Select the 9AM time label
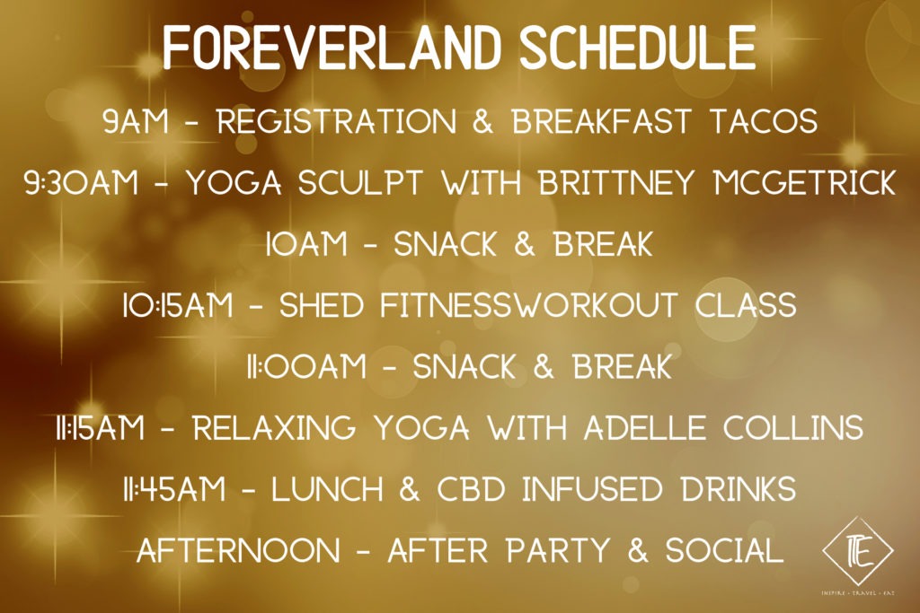[x=136, y=121]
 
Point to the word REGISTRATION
[x=337, y=121]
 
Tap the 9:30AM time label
[x=82, y=182]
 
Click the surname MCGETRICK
[x=805, y=182]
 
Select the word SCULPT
[x=360, y=182]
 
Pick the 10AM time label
[x=306, y=244]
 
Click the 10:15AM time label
[x=178, y=305]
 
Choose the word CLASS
[x=746, y=305]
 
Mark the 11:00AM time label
[x=306, y=367]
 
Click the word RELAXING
[x=275, y=428]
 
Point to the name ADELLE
[x=645, y=428]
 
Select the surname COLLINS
[x=793, y=428]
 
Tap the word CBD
[x=471, y=489]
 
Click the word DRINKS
[x=739, y=489]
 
